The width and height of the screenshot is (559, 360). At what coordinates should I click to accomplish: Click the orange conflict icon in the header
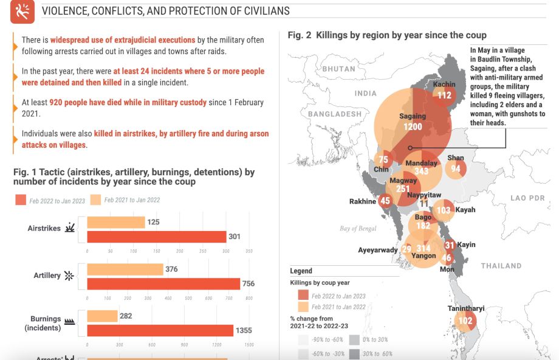click(23, 12)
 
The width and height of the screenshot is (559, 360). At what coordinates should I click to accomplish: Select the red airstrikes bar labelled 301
click(156, 237)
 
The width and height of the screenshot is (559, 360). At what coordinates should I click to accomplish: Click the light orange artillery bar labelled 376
click(125, 269)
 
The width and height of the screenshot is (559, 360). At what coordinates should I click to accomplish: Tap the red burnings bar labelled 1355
click(160, 330)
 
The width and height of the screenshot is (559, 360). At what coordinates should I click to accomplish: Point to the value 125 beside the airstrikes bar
click(153, 222)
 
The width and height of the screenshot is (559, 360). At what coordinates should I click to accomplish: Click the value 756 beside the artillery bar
click(248, 283)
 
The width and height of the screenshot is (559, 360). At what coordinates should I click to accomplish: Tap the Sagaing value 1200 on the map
click(413, 126)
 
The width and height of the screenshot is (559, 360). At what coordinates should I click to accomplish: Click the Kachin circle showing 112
click(444, 94)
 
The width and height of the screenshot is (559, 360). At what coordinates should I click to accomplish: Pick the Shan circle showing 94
click(455, 168)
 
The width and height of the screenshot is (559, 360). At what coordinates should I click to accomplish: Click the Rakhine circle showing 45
click(385, 201)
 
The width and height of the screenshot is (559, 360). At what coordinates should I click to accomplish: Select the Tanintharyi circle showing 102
click(465, 320)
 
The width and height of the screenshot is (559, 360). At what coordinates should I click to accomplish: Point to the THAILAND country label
click(501, 266)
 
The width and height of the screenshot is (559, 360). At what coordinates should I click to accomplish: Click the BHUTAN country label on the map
click(338, 69)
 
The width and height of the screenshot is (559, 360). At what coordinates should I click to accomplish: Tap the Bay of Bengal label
click(358, 229)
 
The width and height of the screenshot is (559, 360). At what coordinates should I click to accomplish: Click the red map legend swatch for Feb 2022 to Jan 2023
click(303, 296)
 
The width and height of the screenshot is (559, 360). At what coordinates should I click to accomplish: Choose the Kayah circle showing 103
click(444, 210)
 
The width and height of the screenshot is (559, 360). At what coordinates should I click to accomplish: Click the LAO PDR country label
click(527, 198)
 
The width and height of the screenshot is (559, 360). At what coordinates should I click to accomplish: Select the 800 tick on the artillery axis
click(249, 298)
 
